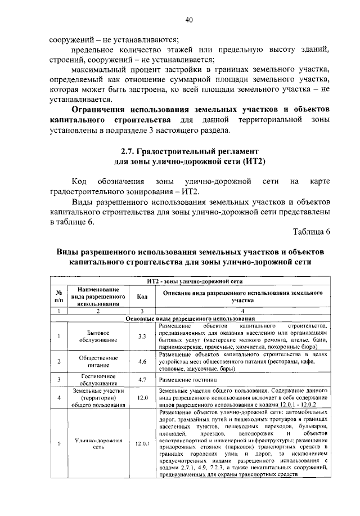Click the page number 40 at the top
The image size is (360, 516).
pos(189,20)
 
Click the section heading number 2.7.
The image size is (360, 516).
pos(128,151)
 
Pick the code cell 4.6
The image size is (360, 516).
pos(142,361)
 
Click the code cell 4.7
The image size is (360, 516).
pos(142,380)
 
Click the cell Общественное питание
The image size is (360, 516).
pos(98,361)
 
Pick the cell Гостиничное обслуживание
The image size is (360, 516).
pos(98,380)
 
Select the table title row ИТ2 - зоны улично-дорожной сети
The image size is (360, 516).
pos(194,280)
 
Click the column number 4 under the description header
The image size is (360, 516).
pos(242,311)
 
